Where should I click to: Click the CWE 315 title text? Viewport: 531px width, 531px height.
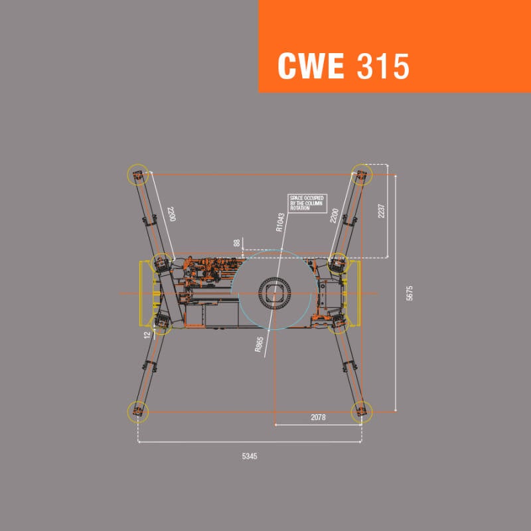point(343,66)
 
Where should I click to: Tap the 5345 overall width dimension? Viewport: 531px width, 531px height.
point(250,456)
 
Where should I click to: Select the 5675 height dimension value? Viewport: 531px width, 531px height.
point(410,293)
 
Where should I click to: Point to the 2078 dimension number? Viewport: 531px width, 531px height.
point(318,417)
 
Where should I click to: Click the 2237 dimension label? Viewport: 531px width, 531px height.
point(381,210)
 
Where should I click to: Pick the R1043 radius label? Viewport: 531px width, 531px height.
point(280,222)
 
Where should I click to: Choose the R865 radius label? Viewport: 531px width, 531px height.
point(260,344)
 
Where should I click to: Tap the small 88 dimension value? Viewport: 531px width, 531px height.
point(237,243)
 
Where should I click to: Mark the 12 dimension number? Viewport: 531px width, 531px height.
point(147,335)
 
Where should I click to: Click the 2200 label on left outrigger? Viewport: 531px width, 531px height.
point(172,214)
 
